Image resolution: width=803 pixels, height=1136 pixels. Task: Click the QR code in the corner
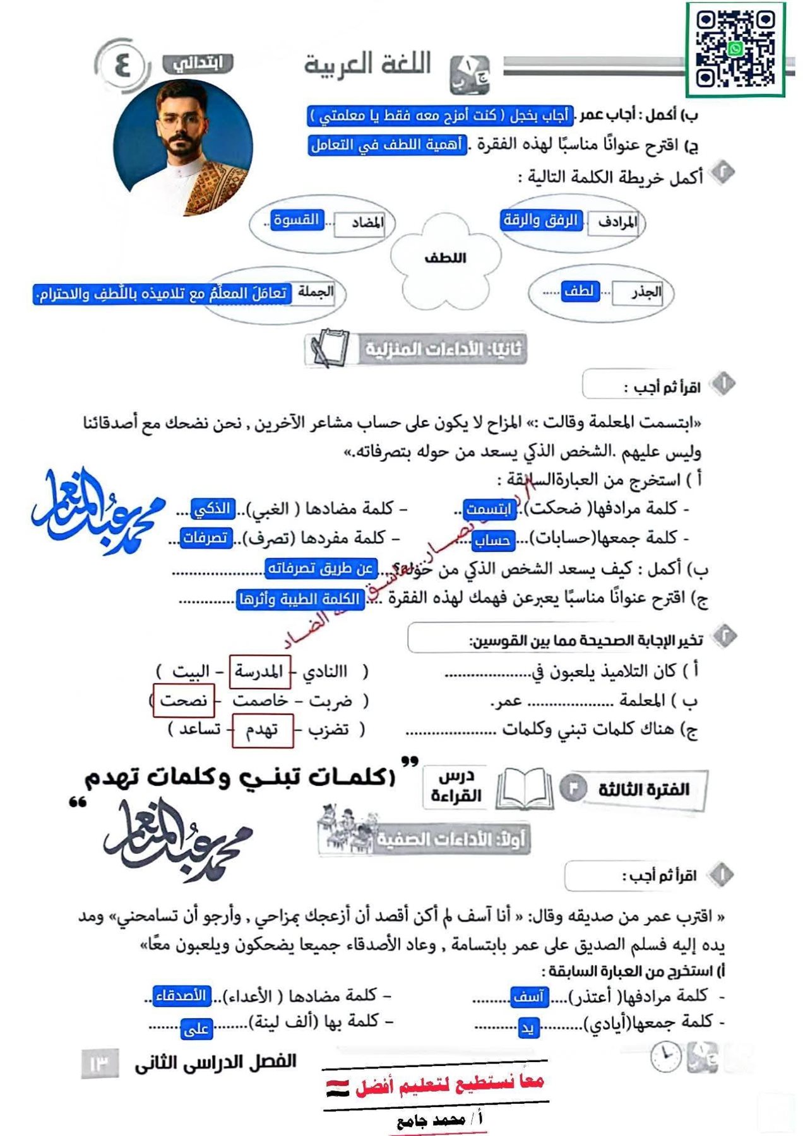click(735, 49)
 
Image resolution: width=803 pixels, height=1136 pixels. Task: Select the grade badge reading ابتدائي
click(198, 64)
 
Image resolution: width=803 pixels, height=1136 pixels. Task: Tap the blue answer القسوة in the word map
click(296, 220)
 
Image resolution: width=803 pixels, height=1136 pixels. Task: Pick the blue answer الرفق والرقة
click(540, 220)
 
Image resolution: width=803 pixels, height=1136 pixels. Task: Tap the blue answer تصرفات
click(206, 538)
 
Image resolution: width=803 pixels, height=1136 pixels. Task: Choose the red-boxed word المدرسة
click(259, 672)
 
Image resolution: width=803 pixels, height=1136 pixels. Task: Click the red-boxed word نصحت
click(184, 701)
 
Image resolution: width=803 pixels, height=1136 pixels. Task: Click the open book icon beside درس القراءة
click(525, 789)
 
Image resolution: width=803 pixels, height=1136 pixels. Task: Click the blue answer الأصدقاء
click(182, 996)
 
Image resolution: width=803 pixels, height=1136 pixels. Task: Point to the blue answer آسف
click(529, 997)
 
